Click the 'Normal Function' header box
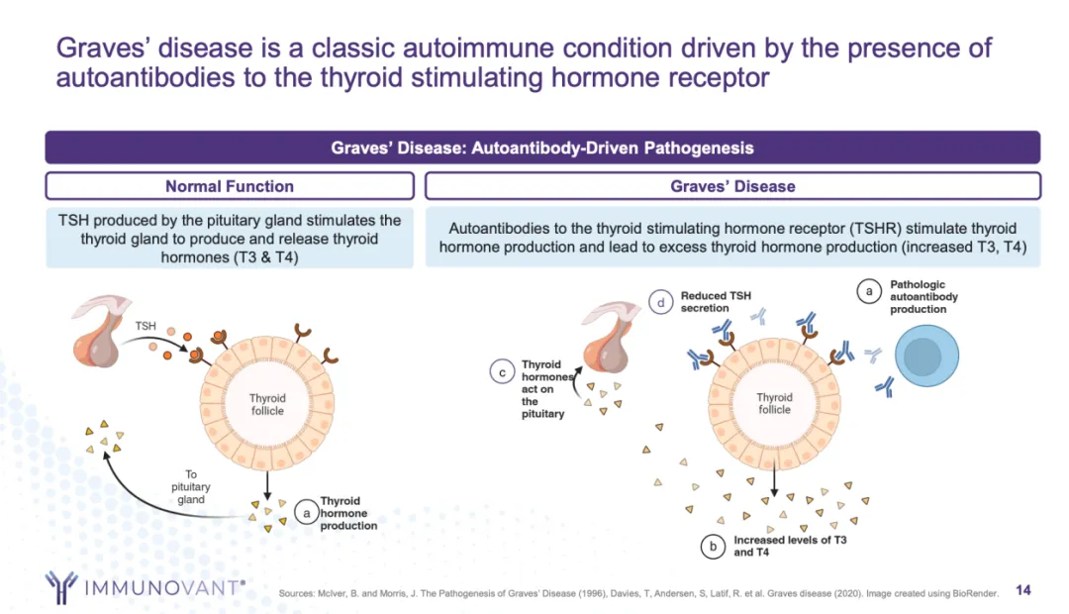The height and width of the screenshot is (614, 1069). pyautogui.click(x=229, y=186)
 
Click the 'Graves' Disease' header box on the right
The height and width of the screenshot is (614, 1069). pyautogui.click(x=732, y=186)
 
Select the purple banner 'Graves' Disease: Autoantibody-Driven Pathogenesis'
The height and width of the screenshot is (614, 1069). pyautogui.click(x=542, y=148)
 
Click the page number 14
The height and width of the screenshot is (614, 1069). pyautogui.click(x=1023, y=590)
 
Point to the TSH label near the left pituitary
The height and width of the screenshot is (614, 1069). pyautogui.click(x=146, y=325)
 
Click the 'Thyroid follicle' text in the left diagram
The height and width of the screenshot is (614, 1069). pyautogui.click(x=267, y=404)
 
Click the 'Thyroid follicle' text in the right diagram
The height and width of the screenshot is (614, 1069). pyautogui.click(x=775, y=404)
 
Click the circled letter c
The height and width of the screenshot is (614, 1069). pyautogui.click(x=503, y=372)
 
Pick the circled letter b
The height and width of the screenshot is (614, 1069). pyautogui.click(x=712, y=546)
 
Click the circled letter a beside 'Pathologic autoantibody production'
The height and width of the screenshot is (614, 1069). pyautogui.click(x=869, y=292)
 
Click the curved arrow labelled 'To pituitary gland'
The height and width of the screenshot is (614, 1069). pyautogui.click(x=148, y=485)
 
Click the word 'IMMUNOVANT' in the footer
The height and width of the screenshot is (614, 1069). pyautogui.click(x=163, y=588)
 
